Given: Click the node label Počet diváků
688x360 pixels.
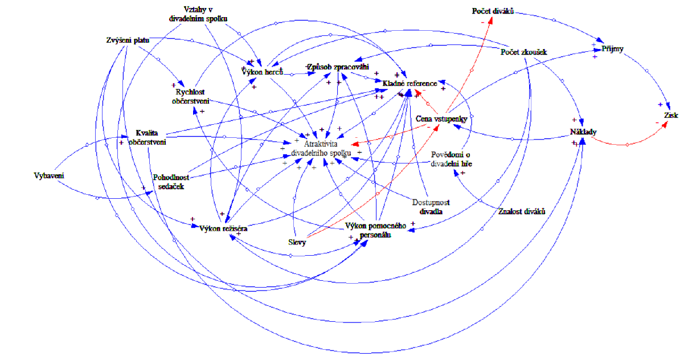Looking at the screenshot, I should tap(493, 11).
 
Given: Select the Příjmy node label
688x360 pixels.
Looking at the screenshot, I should tap(612, 49).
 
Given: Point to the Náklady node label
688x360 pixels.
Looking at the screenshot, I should tap(583, 132).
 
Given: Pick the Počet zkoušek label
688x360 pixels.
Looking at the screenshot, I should tap(523, 52).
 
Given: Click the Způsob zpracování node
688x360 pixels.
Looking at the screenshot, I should tap(333, 67).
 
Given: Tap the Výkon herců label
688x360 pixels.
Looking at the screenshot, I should tap(263, 72).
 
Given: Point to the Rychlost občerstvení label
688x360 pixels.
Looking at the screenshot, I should tap(191, 96).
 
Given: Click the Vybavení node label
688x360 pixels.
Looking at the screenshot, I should tap(48, 175).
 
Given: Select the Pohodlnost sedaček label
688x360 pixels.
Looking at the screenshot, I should tap(168, 181).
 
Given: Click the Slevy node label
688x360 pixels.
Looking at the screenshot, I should tap(297, 242).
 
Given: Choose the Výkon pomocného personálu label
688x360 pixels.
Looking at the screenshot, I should tap(375, 230).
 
